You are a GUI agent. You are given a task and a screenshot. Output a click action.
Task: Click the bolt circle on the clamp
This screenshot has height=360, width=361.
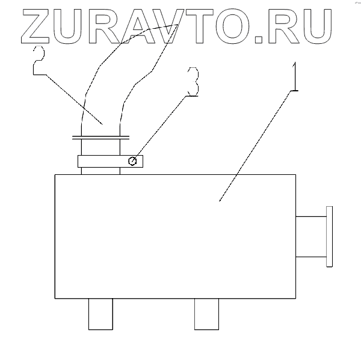(134, 160)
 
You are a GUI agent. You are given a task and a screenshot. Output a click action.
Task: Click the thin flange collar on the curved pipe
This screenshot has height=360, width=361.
(100, 137)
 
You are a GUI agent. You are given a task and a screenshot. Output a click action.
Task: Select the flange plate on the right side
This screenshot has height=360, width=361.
(328, 236)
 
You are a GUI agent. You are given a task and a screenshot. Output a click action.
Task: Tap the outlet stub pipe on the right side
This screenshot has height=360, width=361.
(310, 236)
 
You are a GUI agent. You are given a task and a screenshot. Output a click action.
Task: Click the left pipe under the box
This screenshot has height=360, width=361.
(100, 314)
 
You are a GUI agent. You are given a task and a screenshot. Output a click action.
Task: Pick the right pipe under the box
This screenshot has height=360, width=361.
(206, 314)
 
